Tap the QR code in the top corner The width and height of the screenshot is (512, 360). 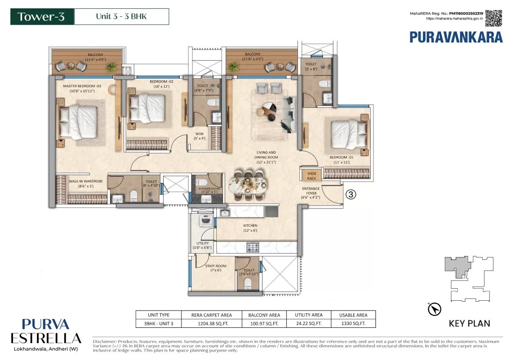(x=493, y=18)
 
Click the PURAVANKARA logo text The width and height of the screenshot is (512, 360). (x=456, y=37)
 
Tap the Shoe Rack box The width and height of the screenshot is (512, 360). (x=311, y=175)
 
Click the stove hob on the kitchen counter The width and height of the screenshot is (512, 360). (x=252, y=247)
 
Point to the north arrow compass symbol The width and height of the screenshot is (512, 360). (x=434, y=308)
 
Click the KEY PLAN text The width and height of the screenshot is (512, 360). (x=469, y=323)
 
